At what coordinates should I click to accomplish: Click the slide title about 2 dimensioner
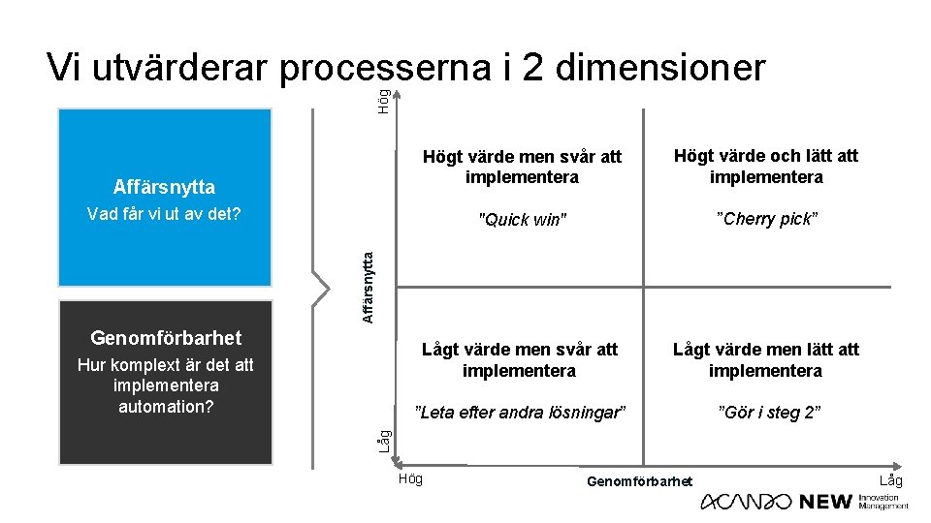pyautogui.click(x=406, y=68)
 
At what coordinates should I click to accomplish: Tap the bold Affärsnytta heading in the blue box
pyautogui.click(x=164, y=187)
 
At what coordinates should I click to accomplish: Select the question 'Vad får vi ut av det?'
pyautogui.click(x=164, y=214)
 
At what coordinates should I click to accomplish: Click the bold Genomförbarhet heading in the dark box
pyautogui.click(x=166, y=338)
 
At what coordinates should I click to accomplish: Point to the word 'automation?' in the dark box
pyautogui.click(x=166, y=406)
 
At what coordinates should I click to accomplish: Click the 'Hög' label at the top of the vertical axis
pyautogui.click(x=385, y=101)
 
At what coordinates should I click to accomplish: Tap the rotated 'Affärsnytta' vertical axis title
pyautogui.click(x=369, y=287)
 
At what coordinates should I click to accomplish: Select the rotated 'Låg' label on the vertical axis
pyautogui.click(x=385, y=441)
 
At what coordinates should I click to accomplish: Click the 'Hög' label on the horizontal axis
pyautogui.click(x=410, y=479)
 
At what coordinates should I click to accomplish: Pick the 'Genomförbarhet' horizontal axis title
pyautogui.click(x=640, y=481)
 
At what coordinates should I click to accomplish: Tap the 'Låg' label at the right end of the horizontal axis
pyautogui.click(x=890, y=480)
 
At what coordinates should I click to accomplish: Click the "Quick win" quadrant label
pyautogui.click(x=521, y=220)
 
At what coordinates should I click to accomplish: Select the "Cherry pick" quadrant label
pyautogui.click(x=766, y=219)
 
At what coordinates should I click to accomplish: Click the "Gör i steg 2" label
pyautogui.click(x=769, y=413)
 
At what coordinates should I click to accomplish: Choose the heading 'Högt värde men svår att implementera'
pyautogui.click(x=522, y=167)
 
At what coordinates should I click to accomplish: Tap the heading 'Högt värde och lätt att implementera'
pyautogui.click(x=766, y=166)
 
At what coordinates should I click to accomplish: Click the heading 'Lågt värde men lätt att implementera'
pyautogui.click(x=766, y=359)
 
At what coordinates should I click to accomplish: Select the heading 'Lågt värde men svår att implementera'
pyautogui.click(x=519, y=359)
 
